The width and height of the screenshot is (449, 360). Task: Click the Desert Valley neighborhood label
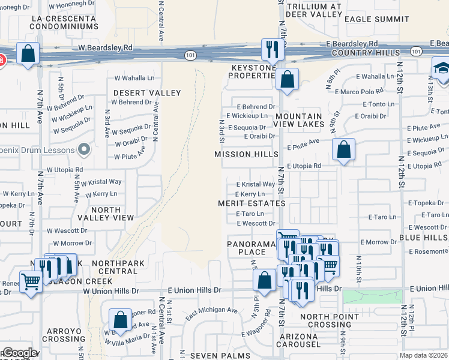(x=147, y=93)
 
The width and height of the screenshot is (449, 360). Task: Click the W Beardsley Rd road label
(x=104, y=47)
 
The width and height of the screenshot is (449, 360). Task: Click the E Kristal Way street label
(x=255, y=184)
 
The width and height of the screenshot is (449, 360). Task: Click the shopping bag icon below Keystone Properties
(x=288, y=79)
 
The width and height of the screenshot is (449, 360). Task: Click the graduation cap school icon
(x=442, y=67)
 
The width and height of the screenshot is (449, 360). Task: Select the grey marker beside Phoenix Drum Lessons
(x=83, y=149)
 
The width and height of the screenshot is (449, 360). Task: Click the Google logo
(x=19, y=353)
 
